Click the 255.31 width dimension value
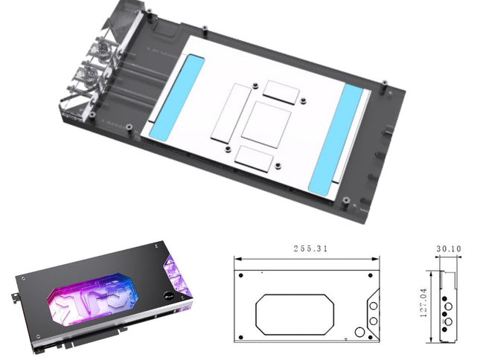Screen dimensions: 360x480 point(307,248)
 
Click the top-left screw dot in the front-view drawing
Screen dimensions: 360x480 point(241,275)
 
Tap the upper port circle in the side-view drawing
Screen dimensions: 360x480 point(448,304)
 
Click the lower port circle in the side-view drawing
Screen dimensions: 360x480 point(448,321)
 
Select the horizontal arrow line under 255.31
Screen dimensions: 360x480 point(307,257)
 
